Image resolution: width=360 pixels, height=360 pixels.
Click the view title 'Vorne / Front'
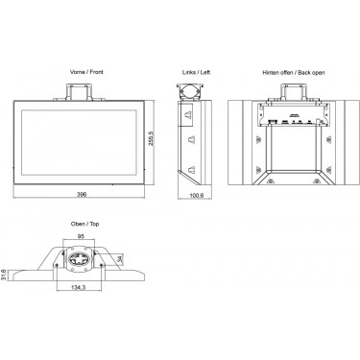tap(86, 72)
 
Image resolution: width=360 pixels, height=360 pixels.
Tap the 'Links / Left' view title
tap(196, 73)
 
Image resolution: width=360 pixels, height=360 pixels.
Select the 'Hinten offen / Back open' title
tap(294, 73)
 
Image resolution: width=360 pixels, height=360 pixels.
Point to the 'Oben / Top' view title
tap(84, 224)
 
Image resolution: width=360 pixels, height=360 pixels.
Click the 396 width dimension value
tap(82, 194)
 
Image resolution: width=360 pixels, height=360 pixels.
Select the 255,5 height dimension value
tap(151, 138)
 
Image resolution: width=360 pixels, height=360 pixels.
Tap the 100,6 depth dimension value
tap(196, 195)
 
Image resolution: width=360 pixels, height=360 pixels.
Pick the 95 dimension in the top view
tap(81, 236)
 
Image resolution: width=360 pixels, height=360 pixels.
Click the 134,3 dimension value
tap(78, 287)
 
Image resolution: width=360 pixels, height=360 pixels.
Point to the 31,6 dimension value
tap(4, 275)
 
